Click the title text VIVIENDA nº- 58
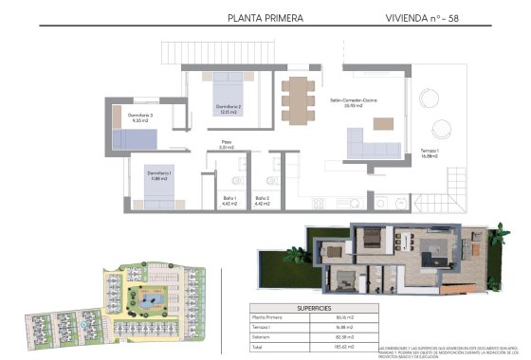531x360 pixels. click(423, 17)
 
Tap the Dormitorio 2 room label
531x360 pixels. click(228, 109)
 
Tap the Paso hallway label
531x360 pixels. click(226, 145)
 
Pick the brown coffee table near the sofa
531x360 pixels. click(381, 123)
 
